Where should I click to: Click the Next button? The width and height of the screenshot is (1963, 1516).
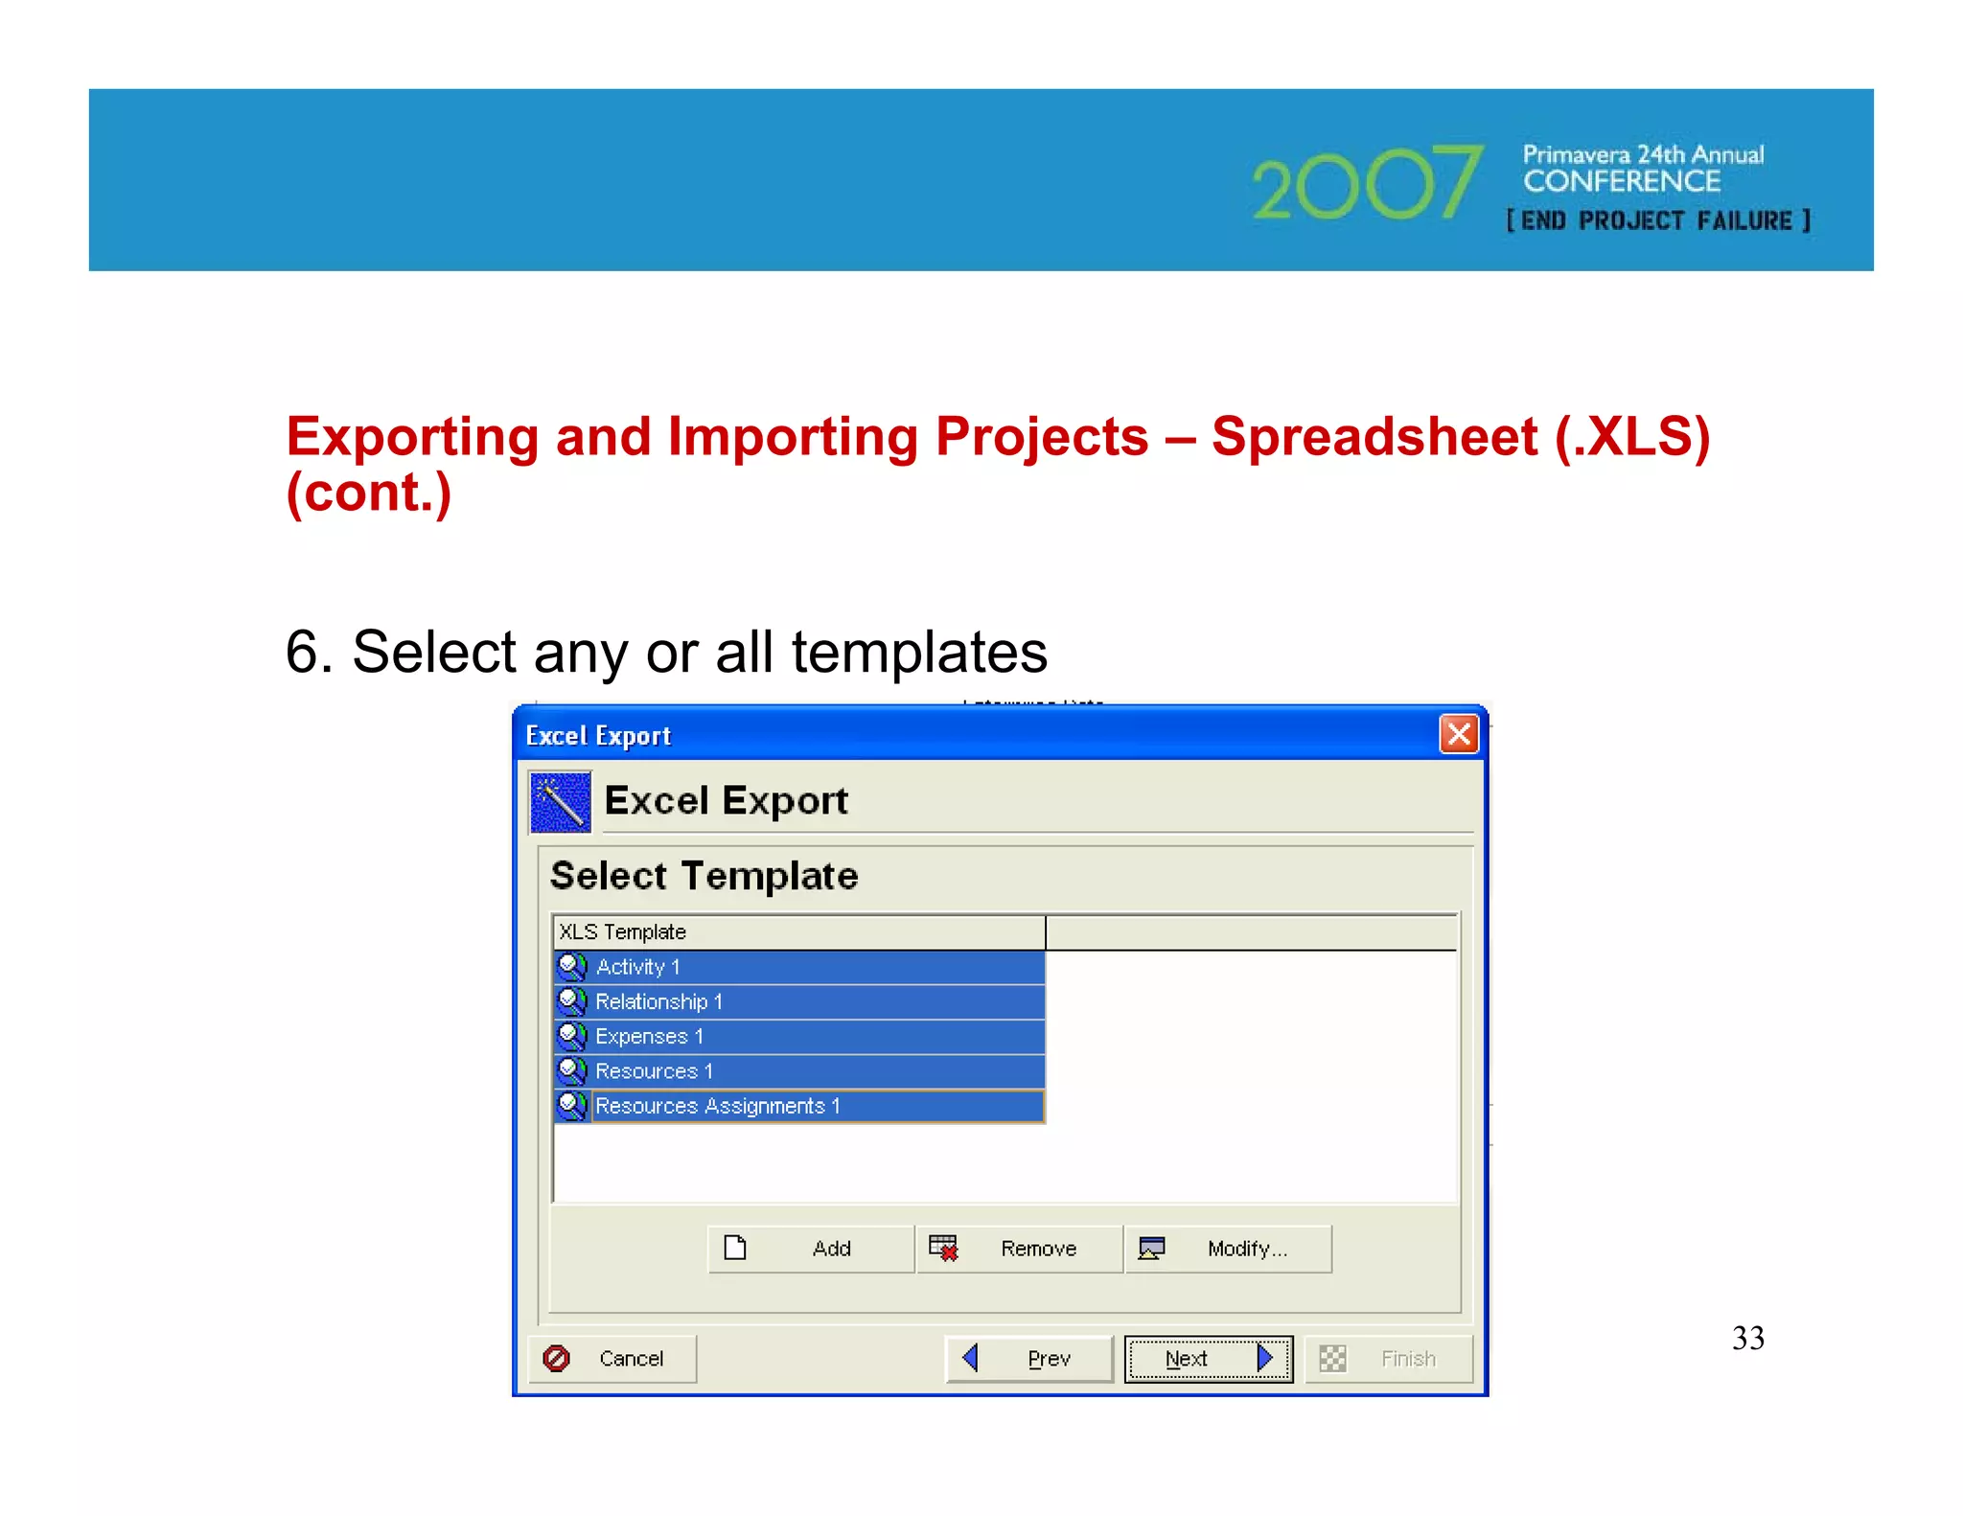pyautogui.click(x=1207, y=1358)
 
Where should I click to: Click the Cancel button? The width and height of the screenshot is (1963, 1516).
pyautogui.click(x=612, y=1358)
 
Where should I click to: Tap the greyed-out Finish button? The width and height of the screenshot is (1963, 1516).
pyautogui.click(x=1388, y=1358)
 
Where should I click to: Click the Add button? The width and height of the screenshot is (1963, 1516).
pyautogui.click(x=811, y=1248)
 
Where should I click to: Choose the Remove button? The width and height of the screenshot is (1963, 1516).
pyautogui.click(x=1018, y=1248)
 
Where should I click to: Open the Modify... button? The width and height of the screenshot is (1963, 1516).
pyautogui.click(x=1228, y=1248)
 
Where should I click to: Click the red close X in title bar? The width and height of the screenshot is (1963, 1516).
pyautogui.click(x=1458, y=735)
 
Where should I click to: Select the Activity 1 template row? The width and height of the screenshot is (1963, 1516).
pyautogui.click(x=799, y=967)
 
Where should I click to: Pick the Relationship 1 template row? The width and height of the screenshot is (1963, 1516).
pyautogui.click(x=799, y=1001)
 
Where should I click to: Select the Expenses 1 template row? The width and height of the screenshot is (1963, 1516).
pyautogui.click(x=799, y=1036)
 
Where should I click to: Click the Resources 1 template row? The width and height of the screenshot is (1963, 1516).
pyautogui.click(x=799, y=1070)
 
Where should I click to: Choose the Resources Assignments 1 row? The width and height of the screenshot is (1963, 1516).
pyautogui.click(x=799, y=1106)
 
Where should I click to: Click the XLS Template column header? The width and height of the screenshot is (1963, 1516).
pyautogui.click(x=797, y=931)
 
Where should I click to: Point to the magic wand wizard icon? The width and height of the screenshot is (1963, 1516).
pyautogui.click(x=560, y=801)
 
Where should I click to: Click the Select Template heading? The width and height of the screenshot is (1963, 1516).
pyautogui.click(x=704, y=876)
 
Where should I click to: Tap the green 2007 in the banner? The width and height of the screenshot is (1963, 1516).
pyautogui.click(x=1366, y=184)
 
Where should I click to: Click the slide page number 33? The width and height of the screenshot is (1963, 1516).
pyautogui.click(x=1747, y=1338)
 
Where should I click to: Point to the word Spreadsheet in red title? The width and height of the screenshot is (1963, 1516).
pyautogui.click(x=1374, y=437)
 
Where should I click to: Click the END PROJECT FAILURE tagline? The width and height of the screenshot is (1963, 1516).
pyautogui.click(x=1657, y=220)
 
